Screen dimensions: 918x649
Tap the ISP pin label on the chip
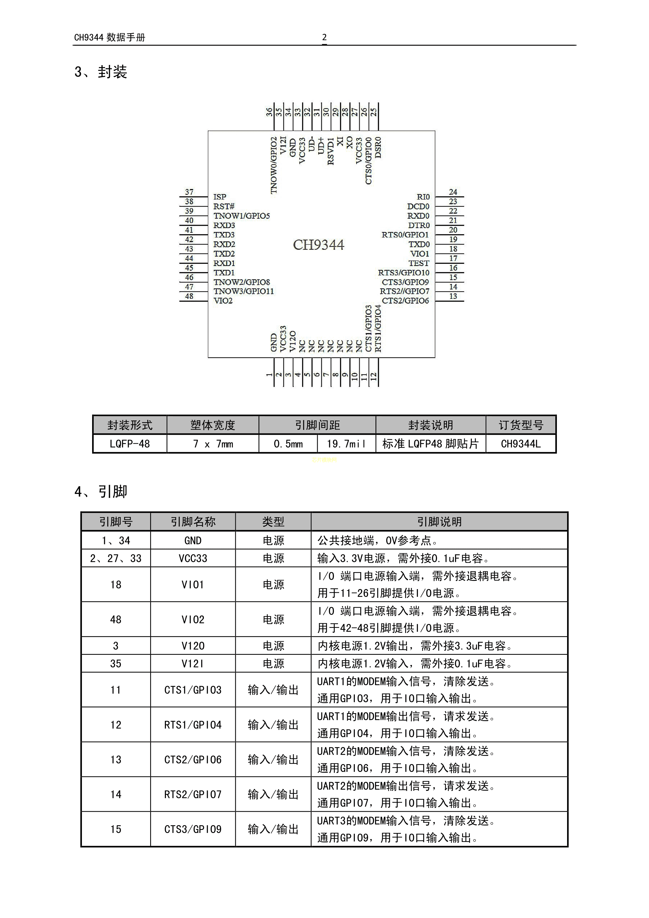point(220,197)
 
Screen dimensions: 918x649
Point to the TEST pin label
point(419,263)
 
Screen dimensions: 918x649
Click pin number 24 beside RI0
point(453,192)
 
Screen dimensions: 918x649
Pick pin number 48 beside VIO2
point(189,296)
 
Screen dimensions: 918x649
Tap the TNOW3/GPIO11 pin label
point(244,291)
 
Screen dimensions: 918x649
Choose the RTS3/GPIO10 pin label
point(404,273)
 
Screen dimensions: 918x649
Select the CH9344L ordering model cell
point(521,444)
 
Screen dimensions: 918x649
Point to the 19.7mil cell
point(346,444)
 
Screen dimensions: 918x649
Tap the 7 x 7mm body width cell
point(213,444)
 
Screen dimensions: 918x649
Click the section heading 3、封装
point(101,72)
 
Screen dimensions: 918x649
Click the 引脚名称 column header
point(193,521)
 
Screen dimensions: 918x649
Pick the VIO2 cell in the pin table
point(193,619)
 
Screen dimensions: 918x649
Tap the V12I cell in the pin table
point(193,664)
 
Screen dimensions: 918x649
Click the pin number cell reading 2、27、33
point(116,558)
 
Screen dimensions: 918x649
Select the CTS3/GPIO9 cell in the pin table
point(193,829)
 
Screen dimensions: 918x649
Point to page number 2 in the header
point(324,37)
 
